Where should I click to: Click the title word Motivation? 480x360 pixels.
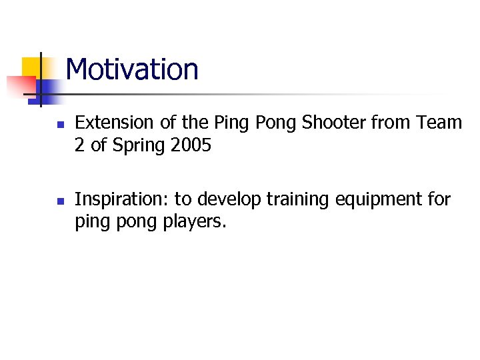132,69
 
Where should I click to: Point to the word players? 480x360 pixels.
195,222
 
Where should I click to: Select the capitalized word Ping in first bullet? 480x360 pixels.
229,123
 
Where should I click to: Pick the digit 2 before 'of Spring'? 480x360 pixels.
79,145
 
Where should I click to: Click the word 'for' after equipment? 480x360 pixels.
439,199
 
